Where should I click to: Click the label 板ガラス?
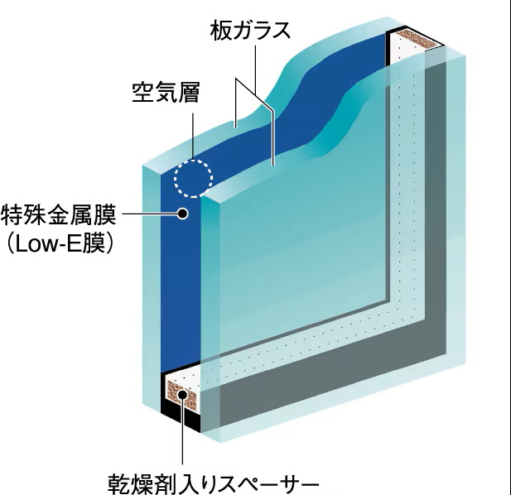pyautogui.click(x=250, y=31)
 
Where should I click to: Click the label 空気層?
pyautogui.click(x=166, y=92)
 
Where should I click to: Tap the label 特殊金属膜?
pyautogui.click(x=59, y=215)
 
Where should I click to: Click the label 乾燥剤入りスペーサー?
pyautogui.click(x=213, y=484)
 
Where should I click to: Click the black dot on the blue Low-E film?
pyautogui.click(x=183, y=214)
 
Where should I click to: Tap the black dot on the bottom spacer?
pyautogui.click(x=182, y=395)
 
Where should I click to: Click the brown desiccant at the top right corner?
pyautogui.click(x=417, y=39)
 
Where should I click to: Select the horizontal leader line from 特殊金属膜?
pyautogui.click(x=150, y=214)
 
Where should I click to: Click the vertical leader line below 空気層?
pyautogui.click(x=193, y=136)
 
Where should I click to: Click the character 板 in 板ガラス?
pyautogui.click(x=220, y=31)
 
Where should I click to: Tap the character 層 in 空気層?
pyautogui.click(x=189, y=92)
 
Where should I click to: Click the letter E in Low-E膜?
pyautogui.click(x=74, y=244)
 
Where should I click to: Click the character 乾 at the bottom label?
pyautogui.click(x=118, y=484)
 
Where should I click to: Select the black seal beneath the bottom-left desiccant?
pyautogui.click(x=181, y=417)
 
